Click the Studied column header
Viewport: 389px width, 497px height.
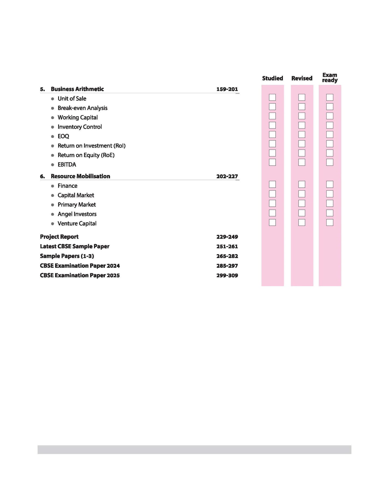[272, 78]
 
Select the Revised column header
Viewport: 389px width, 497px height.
[302, 78]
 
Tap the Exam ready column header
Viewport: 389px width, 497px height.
[330, 78]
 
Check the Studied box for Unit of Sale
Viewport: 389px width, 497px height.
[272, 97]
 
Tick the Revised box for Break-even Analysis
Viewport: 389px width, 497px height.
[302, 107]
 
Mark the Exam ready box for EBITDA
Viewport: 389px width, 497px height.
[330, 162]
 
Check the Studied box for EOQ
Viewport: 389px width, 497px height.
[272, 134]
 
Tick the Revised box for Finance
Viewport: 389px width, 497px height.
[302, 184]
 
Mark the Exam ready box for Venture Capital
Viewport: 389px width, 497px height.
[330, 222]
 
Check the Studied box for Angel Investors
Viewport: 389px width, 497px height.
[272, 213]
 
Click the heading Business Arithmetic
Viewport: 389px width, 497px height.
[77, 89]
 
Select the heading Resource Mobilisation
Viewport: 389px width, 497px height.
[80, 176]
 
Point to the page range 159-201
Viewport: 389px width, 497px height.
[227, 89]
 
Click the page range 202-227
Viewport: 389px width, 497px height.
[227, 176]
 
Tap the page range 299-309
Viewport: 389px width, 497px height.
[227, 275]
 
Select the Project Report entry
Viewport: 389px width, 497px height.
[59, 237]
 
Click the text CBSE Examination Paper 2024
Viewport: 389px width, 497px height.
[80, 266]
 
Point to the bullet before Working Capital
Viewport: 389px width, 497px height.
[52, 118]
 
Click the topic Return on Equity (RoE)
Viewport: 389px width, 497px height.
[86, 155]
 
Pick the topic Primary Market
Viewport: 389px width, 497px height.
[76, 205]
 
